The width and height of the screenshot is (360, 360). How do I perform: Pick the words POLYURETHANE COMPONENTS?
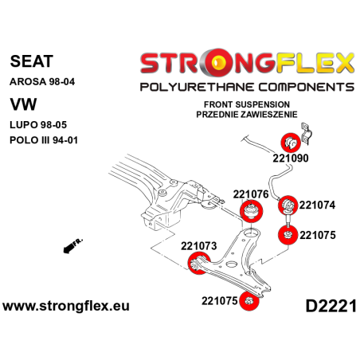pyautogui.click(x=246, y=87)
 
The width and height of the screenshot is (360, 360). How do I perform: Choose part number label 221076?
pyautogui.click(x=252, y=194)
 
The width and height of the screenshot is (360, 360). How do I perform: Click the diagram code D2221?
pyautogui.click(x=328, y=306)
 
